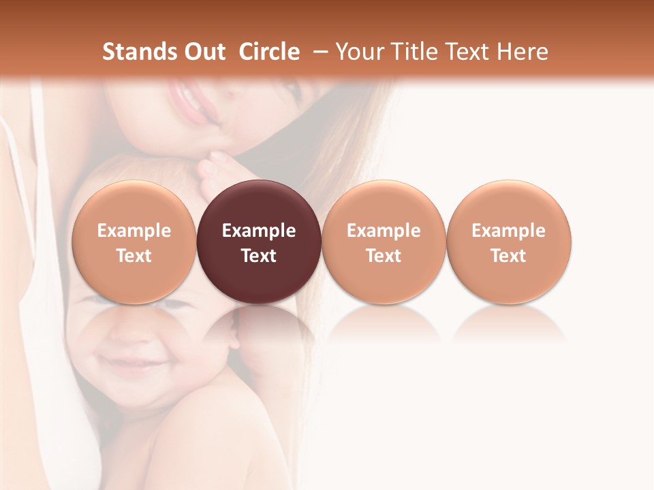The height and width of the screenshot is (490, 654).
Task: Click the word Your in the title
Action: coord(359,52)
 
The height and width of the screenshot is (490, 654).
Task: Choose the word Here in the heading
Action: coord(523,52)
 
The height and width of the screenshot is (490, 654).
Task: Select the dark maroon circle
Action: coord(259,242)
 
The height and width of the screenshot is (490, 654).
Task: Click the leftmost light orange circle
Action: coord(134,242)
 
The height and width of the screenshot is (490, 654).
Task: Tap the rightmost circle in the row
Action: coord(508,242)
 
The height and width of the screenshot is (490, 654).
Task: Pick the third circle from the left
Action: coord(384,242)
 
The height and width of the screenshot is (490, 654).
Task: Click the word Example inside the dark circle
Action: coord(259,231)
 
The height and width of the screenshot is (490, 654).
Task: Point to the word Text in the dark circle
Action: coord(259,256)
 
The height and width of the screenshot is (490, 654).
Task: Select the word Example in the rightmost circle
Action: coord(508,231)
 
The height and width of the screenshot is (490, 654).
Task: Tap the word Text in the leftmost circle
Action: coord(134,256)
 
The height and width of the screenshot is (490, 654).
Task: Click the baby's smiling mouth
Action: coord(128,361)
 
